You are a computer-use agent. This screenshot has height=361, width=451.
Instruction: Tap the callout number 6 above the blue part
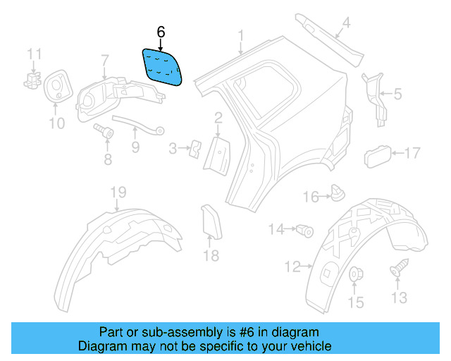[x=161, y=32]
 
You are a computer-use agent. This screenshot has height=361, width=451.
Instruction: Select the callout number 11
[x=35, y=54]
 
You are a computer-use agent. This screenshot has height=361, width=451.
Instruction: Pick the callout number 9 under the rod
[x=135, y=147]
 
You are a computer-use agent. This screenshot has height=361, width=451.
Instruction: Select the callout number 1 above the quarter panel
[x=240, y=35]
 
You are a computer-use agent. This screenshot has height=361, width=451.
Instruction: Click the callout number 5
[x=397, y=93]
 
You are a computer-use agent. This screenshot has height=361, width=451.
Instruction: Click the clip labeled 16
[x=338, y=192]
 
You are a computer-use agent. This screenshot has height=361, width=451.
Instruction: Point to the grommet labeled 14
[x=305, y=229]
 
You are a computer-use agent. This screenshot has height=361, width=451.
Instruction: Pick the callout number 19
[x=117, y=193]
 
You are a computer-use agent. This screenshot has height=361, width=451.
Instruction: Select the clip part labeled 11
[x=32, y=77]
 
